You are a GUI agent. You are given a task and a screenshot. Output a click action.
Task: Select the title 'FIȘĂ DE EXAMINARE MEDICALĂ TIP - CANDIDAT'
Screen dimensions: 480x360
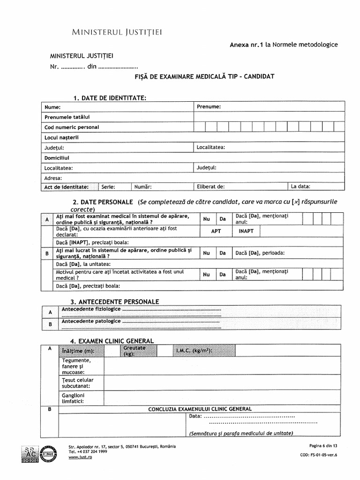click(204, 76)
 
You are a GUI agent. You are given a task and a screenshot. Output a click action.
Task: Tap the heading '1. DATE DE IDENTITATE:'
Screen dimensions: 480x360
click(110, 97)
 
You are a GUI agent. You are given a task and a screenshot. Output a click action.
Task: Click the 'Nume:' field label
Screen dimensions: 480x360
click(52, 107)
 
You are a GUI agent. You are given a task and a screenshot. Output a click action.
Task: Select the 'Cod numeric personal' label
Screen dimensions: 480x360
click(72, 127)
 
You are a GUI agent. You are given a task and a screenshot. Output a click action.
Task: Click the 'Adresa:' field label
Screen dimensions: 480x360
click(53, 178)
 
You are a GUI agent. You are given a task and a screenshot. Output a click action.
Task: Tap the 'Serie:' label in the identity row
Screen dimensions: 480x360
click(108, 187)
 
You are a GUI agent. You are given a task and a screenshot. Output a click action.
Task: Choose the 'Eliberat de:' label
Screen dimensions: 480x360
click(211, 187)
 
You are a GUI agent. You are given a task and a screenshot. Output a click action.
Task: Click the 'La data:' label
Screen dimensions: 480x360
click(300, 187)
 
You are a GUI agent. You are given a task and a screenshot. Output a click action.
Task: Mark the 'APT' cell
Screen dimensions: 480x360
click(216, 231)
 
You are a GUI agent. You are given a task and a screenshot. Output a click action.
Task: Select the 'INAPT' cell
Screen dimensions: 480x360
click(246, 231)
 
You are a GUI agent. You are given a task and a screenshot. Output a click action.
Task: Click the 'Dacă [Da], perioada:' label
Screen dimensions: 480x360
click(260, 253)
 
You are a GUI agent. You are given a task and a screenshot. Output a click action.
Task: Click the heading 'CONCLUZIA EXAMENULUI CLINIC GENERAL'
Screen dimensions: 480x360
click(200, 409)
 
